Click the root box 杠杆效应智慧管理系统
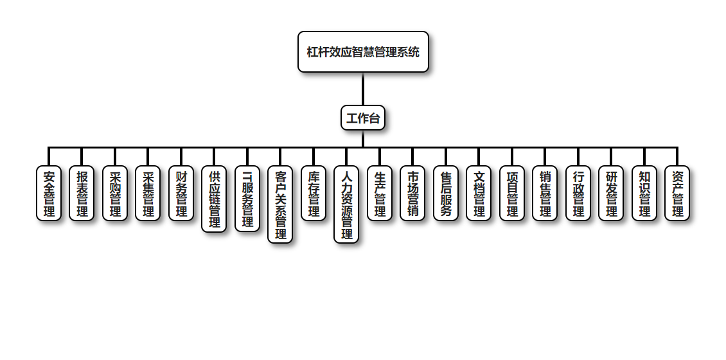coord(363,52)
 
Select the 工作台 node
coord(363,118)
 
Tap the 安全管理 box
coord(49,194)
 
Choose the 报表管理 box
coord(82,194)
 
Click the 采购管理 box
coord(115,194)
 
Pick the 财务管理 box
coord(181,194)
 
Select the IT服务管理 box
coord(247,199)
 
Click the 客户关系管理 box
coord(280,204)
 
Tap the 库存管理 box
coord(314,194)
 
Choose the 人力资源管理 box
coord(346,204)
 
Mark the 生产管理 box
coord(380,194)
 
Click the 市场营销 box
coord(412,194)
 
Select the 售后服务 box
coord(446,194)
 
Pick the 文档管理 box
coord(479,194)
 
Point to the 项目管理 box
coord(512,194)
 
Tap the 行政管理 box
coord(578,194)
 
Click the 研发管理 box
coord(611,194)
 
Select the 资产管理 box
coord(677,194)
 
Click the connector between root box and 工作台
coord(363,89)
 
